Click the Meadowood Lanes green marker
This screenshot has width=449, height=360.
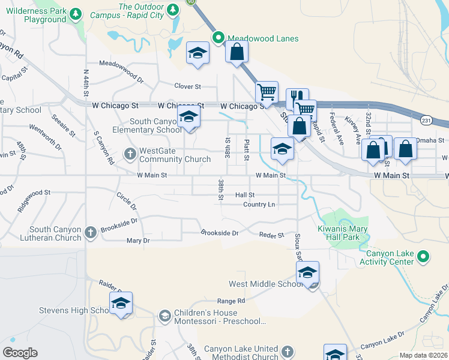(219, 38)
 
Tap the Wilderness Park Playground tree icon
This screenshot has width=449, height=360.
(76, 14)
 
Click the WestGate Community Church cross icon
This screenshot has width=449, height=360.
(130, 154)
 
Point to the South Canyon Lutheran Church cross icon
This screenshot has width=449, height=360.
(91, 233)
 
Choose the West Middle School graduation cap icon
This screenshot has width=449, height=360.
(307, 273)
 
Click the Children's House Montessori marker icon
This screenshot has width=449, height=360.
(164, 316)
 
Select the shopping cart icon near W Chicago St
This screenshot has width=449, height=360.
(267, 92)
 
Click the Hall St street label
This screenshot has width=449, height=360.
(245, 195)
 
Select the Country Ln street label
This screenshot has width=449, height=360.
(259, 205)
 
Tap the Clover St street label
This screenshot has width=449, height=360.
(187, 87)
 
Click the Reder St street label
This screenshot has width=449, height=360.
(271, 236)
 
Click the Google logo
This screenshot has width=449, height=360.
(20, 353)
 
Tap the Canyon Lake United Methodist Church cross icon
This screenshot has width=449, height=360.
(288, 351)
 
